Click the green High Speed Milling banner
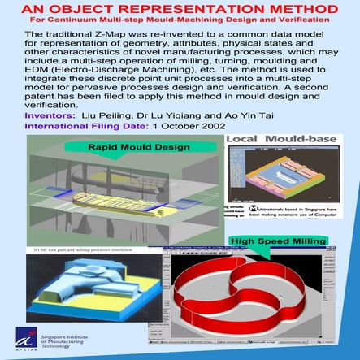(x=277, y=241)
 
